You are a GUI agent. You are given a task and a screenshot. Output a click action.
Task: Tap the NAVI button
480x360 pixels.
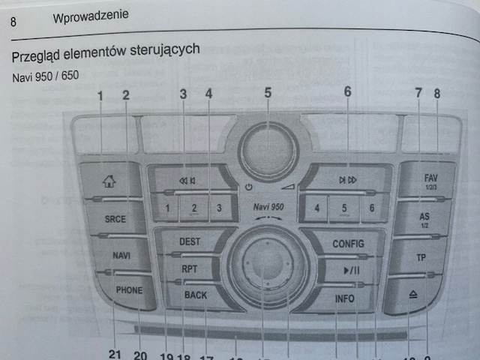coord(121,256)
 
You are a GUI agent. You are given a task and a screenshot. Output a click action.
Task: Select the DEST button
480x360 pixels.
coord(190,242)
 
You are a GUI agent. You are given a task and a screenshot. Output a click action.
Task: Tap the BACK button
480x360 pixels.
coord(195,295)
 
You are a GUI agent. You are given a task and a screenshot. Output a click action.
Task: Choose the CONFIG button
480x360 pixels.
coord(347,243)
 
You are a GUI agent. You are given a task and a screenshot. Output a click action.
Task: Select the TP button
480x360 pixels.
coord(421,257)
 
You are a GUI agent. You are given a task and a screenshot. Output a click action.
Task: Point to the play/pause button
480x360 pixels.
coord(351,270)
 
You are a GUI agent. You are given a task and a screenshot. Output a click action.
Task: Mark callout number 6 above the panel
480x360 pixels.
coord(347,92)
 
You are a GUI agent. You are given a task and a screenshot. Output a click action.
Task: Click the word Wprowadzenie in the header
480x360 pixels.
coord(91,15)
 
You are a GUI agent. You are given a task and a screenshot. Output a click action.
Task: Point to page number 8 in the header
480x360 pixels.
coord(13,21)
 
